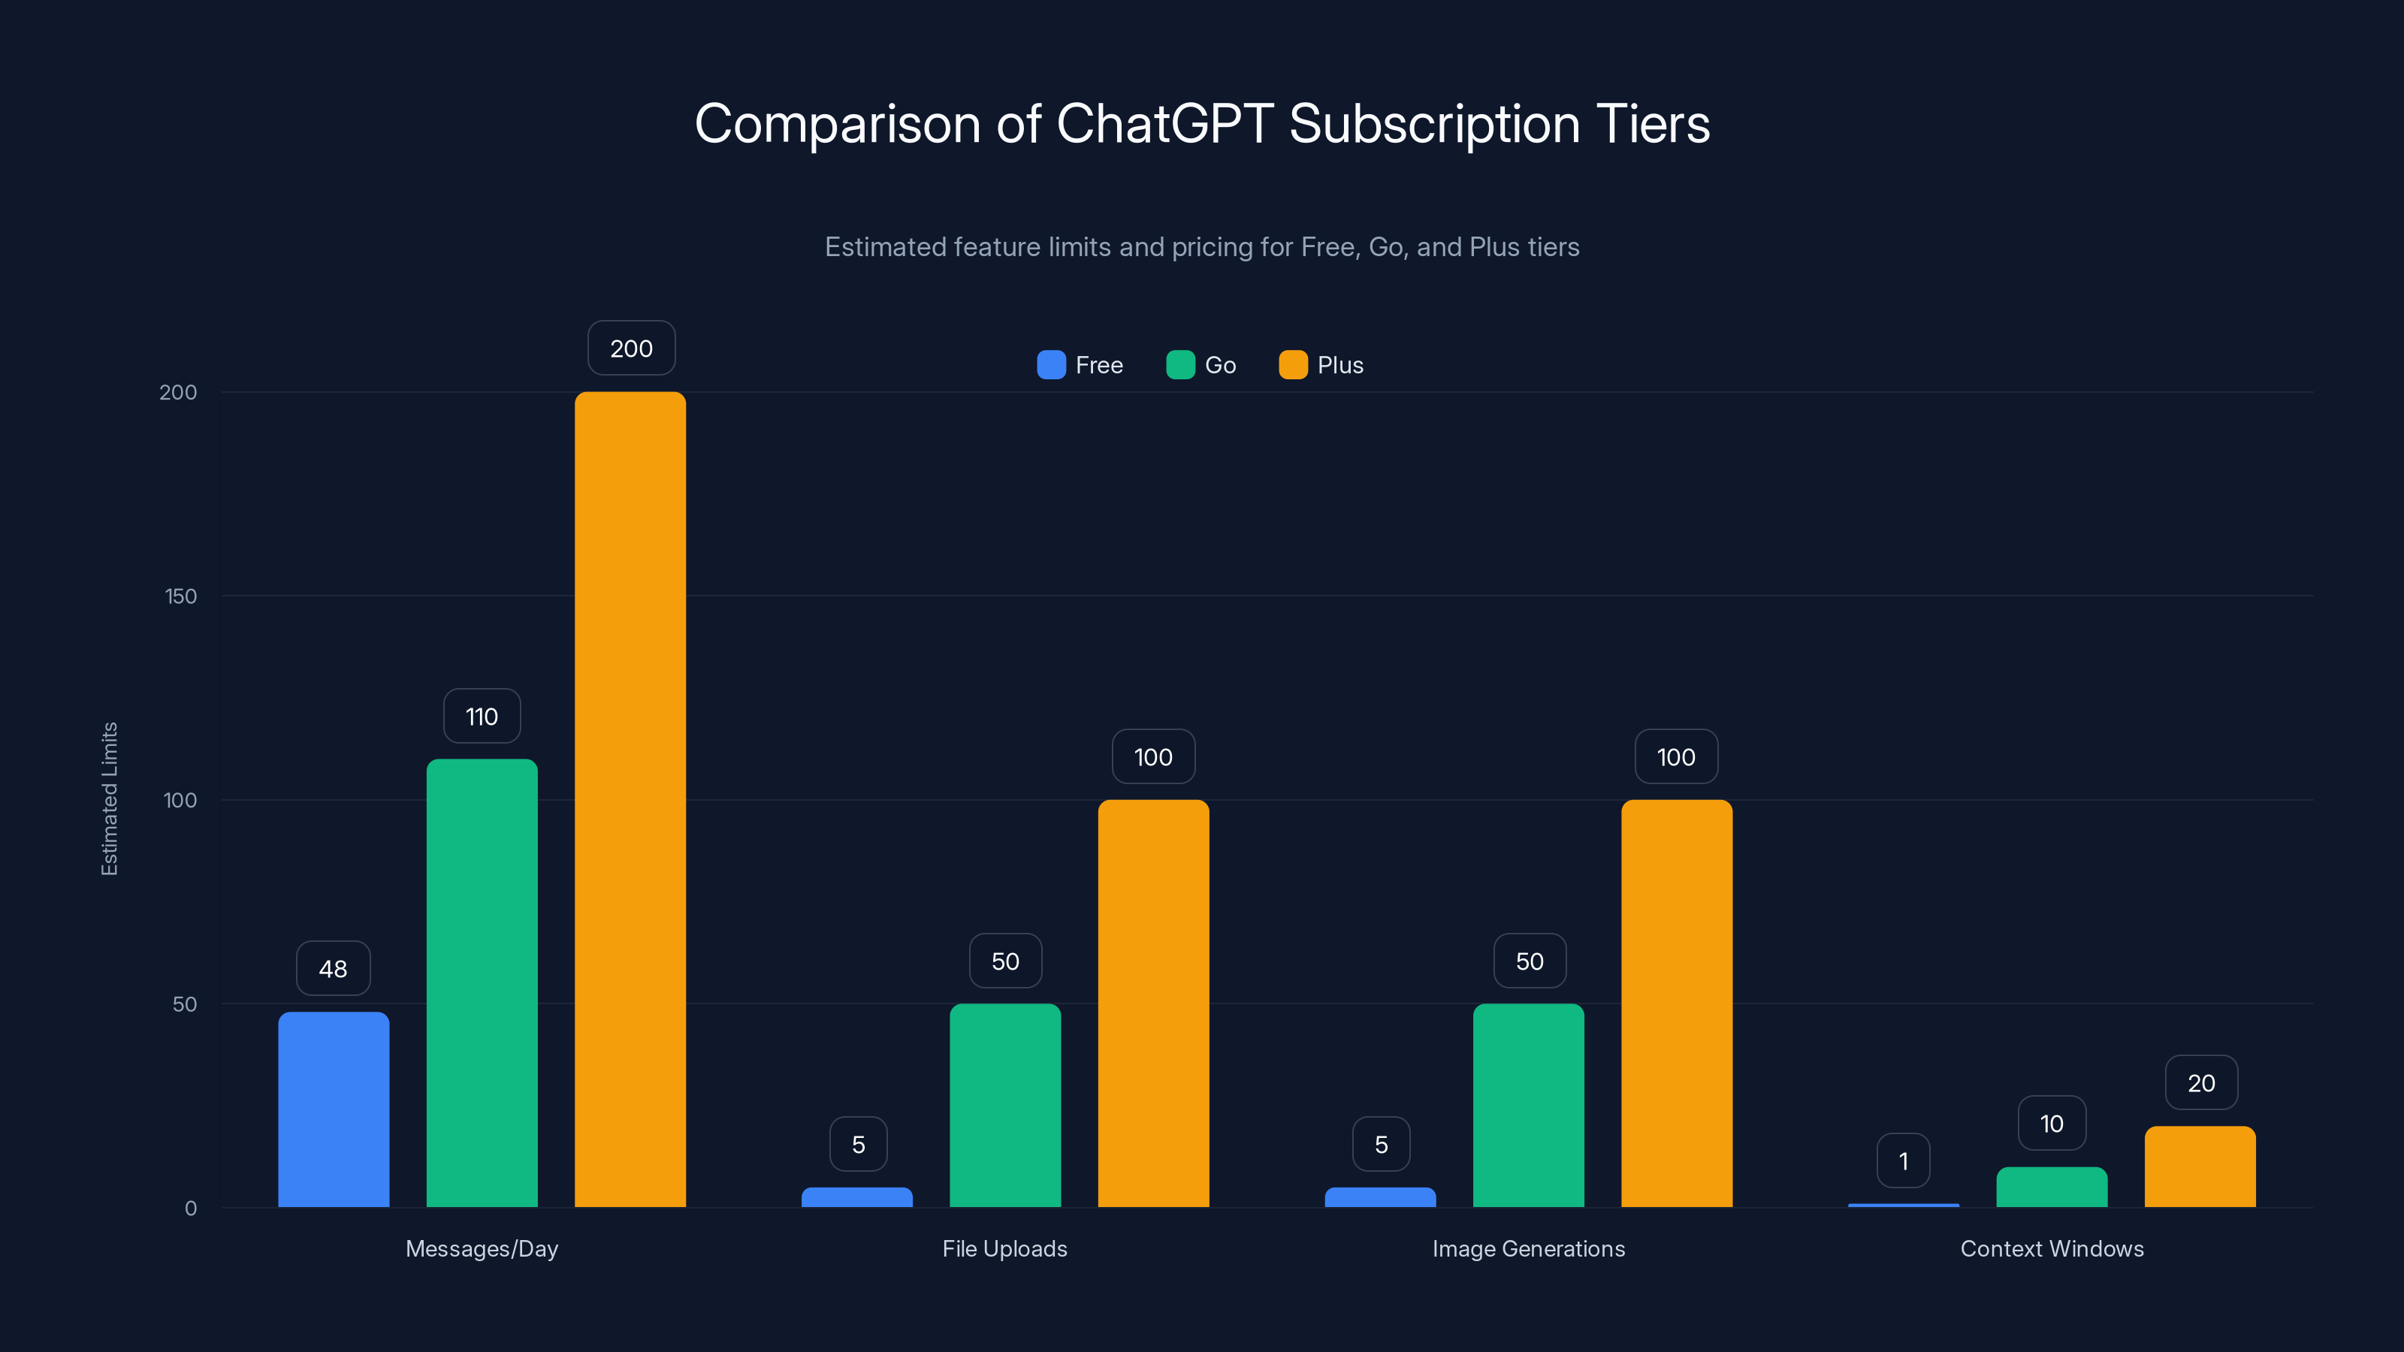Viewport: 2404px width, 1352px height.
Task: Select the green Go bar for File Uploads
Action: point(1005,1105)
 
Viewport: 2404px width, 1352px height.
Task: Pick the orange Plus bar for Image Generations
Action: point(1676,1003)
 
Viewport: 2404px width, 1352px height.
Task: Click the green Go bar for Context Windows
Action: point(2051,1187)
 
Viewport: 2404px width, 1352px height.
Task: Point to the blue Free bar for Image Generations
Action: point(1380,1197)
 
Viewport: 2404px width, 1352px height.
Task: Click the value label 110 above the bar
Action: point(482,717)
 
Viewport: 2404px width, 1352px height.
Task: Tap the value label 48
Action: point(333,968)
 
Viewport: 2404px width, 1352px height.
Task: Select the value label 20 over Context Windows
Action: point(2200,1083)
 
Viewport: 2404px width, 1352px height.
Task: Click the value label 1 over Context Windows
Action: point(1903,1160)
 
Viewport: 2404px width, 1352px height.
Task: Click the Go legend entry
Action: point(1201,365)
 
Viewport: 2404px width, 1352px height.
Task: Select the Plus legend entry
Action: point(1321,365)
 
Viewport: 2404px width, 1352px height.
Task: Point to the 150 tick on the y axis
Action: point(181,596)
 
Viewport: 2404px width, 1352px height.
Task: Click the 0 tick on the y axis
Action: point(190,1209)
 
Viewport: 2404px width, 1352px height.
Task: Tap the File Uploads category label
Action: point(1004,1248)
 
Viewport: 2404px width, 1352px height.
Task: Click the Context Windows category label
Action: point(2051,1248)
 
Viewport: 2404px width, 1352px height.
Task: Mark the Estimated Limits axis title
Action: point(109,798)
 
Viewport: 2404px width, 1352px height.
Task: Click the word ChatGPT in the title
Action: point(1164,124)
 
